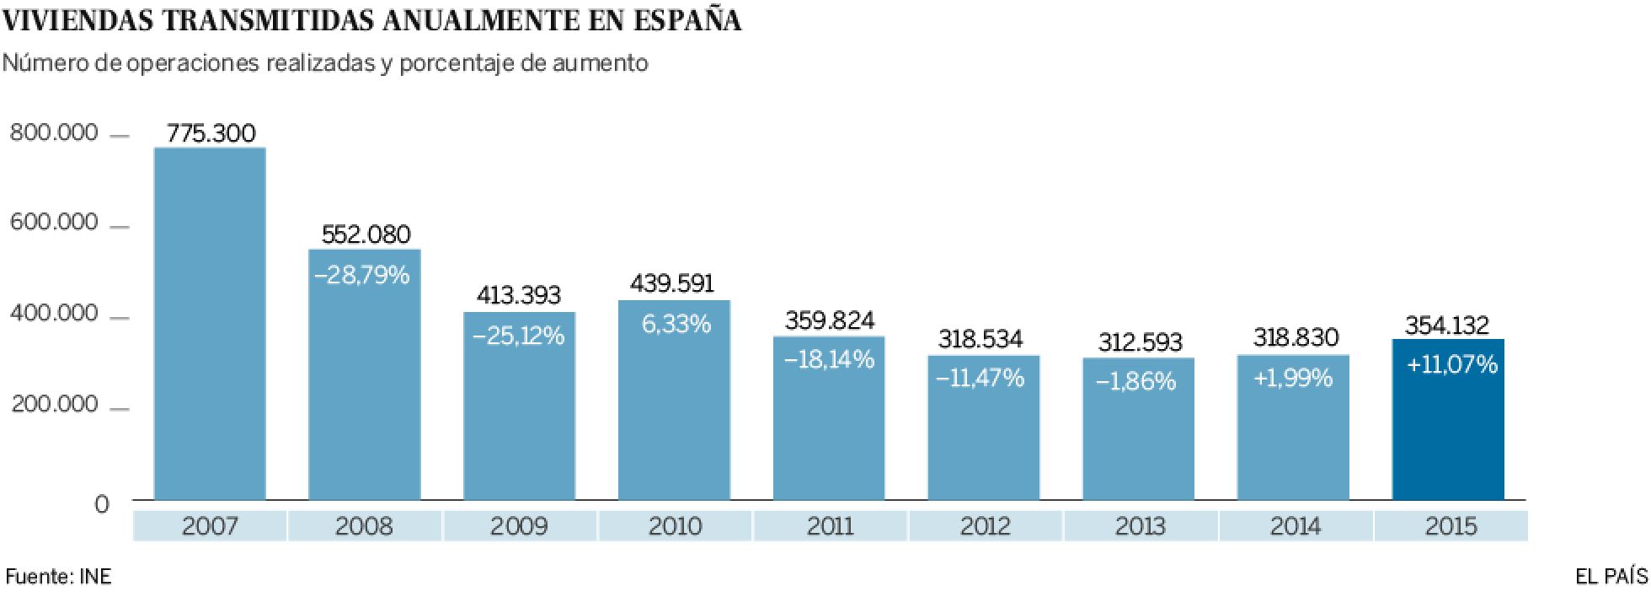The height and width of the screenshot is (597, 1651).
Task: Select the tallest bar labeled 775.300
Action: (211, 325)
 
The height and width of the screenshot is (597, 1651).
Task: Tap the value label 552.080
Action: (366, 234)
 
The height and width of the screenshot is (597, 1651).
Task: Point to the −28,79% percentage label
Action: (361, 275)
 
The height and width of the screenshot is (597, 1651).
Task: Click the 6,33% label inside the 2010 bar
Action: (676, 324)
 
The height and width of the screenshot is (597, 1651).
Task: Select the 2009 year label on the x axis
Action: (519, 527)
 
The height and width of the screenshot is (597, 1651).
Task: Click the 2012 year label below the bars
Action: (985, 527)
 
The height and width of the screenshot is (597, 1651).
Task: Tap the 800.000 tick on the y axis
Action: (54, 133)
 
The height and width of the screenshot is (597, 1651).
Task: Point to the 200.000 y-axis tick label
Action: (54, 406)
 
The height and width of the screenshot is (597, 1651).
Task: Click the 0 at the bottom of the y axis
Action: (102, 504)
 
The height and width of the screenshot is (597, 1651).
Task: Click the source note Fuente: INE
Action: (58, 577)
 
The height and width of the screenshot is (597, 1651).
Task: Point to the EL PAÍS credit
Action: (1610, 577)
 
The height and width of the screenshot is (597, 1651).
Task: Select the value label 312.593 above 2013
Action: (1141, 342)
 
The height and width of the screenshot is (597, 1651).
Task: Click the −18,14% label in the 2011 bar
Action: (829, 360)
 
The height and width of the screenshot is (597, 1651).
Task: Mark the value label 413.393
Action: (519, 295)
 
